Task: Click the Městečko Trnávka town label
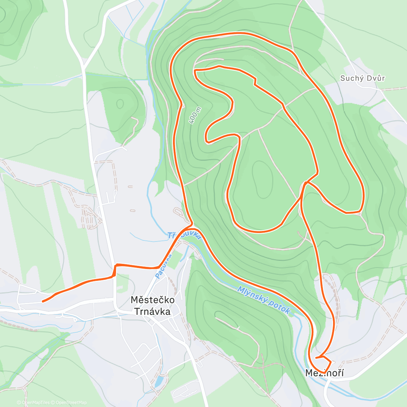tap(153, 305)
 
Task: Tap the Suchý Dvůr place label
tap(362, 78)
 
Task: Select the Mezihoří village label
tap(324, 373)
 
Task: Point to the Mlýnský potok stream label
tap(264, 301)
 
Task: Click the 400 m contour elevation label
tap(195, 115)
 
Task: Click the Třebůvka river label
tap(184, 235)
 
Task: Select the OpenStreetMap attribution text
tap(71, 403)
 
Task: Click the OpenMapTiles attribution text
tap(36, 403)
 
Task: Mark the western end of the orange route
tap(42, 301)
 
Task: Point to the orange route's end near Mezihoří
tap(316, 357)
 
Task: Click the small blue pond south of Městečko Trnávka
tap(158, 381)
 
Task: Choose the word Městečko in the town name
tap(153, 300)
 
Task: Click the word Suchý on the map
tap(351, 78)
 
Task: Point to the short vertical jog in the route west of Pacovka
tap(115, 270)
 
